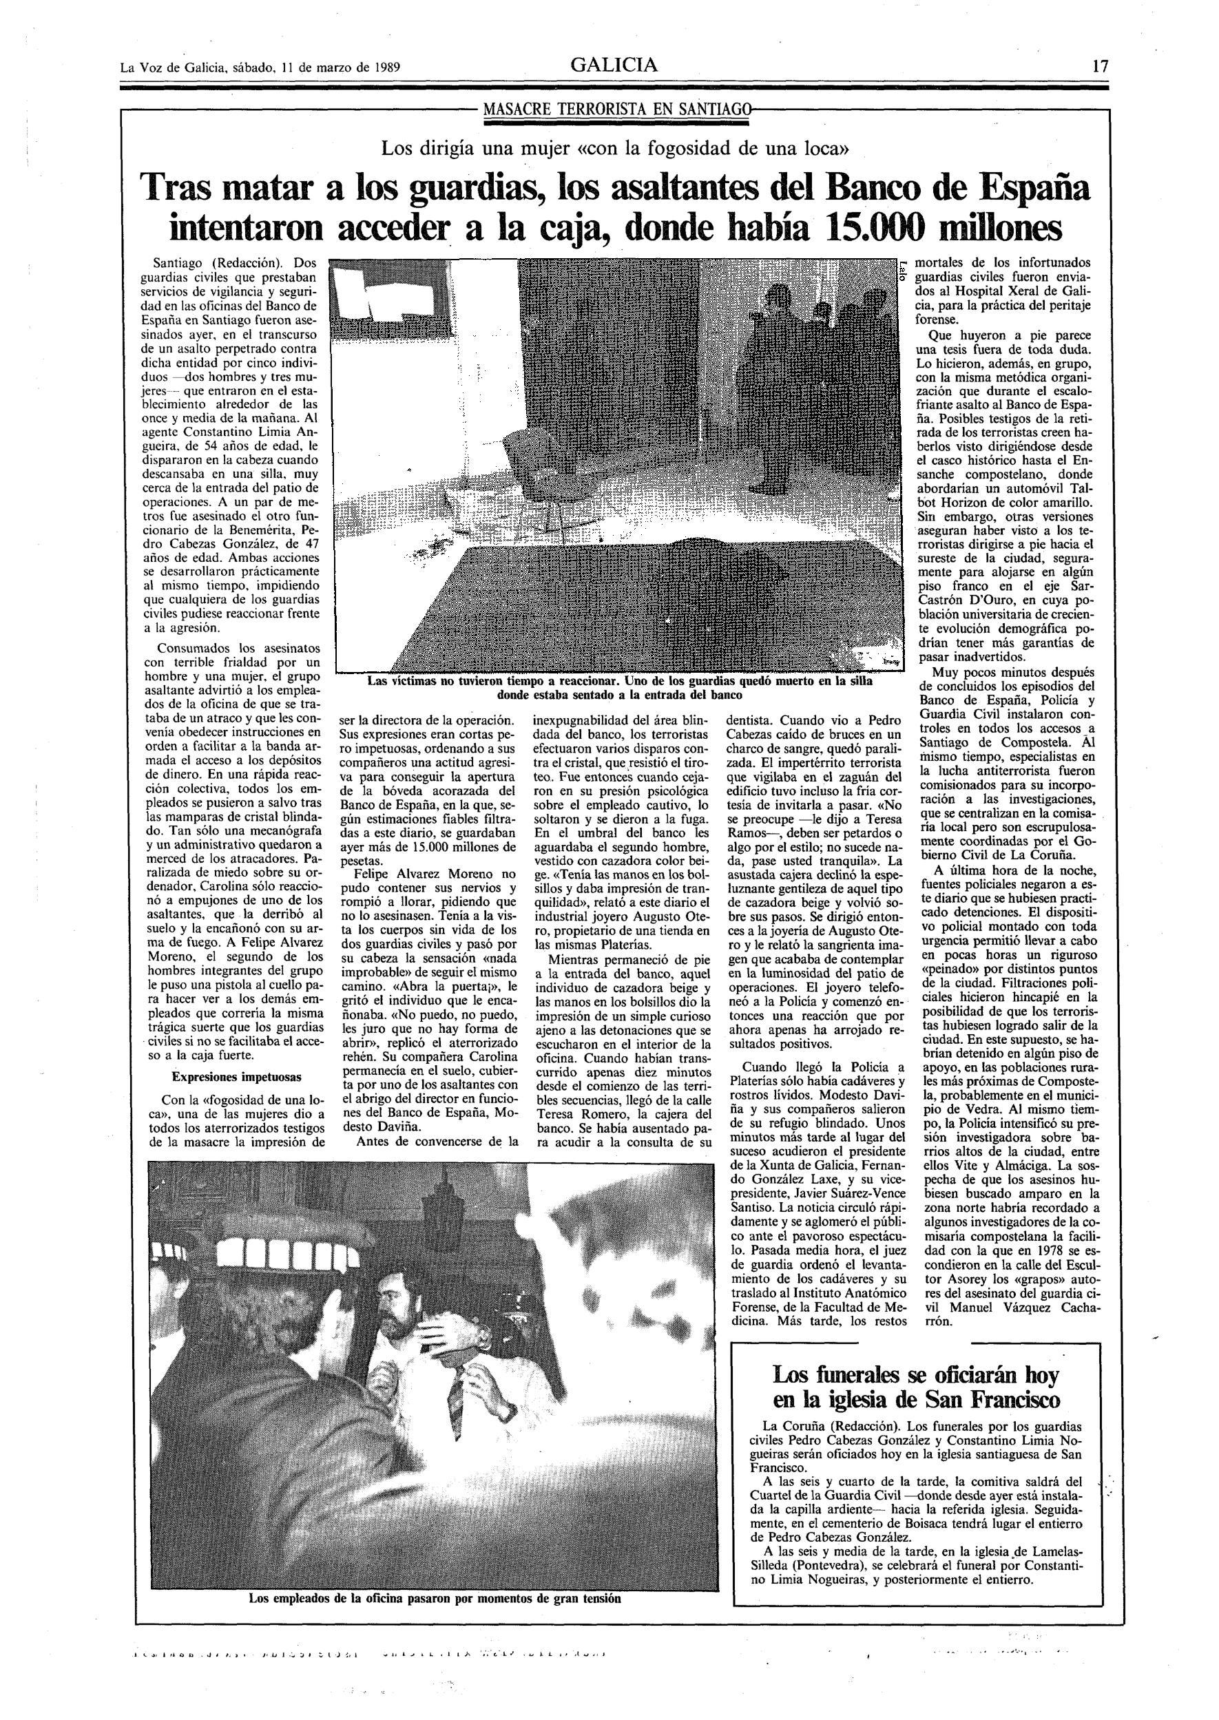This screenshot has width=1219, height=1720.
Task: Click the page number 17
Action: (x=1100, y=66)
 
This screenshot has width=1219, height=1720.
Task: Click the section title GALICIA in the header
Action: (x=614, y=65)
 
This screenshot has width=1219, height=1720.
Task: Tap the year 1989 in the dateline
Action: (x=384, y=67)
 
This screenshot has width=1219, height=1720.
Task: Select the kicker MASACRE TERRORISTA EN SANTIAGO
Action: (x=616, y=109)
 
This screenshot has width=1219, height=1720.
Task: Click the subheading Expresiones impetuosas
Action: (x=236, y=1077)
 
